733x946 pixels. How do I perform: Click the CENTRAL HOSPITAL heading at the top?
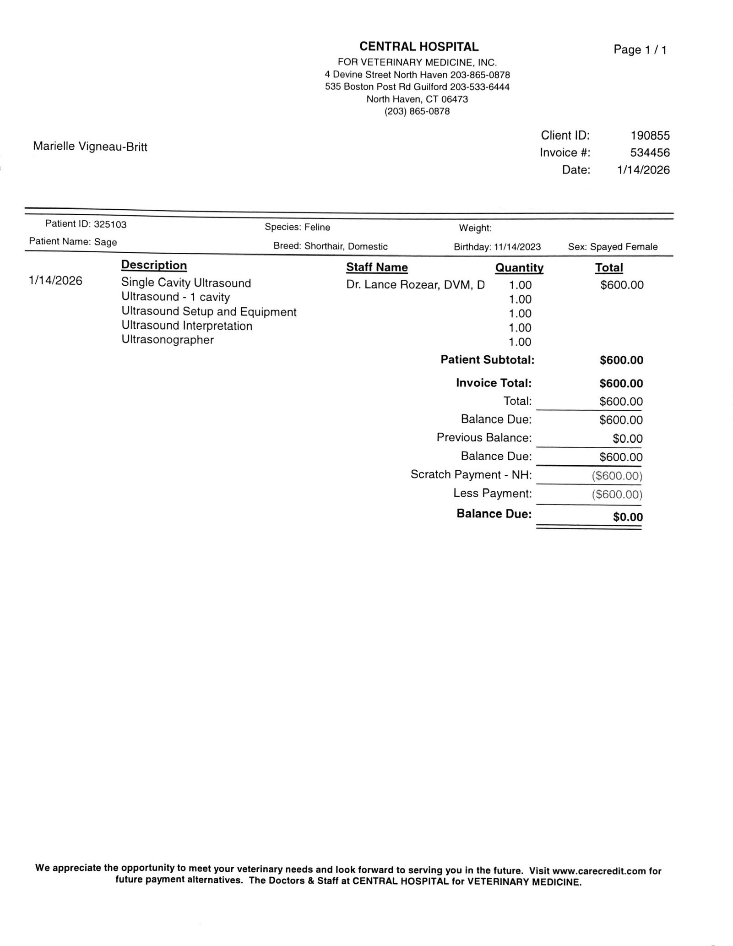click(x=418, y=47)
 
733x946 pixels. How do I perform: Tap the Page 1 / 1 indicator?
click(x=640, y=50)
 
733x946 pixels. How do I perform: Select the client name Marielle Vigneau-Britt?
click(x=90, y=147)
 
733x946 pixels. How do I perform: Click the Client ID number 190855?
click(x=650, y=136)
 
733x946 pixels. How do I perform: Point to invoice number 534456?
click(x=650, y=152)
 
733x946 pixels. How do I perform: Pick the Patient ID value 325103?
click(x=110, y=224)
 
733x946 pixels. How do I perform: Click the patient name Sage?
click(x=106, y=242)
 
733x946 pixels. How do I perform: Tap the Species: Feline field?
click(x=297, y=227)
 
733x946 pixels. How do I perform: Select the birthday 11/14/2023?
click(x=517, y=247)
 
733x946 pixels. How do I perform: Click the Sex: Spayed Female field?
click(x=613, y=247)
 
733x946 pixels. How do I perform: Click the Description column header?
click(x=154, y=266)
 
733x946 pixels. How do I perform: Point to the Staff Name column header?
click(x=377, y=267)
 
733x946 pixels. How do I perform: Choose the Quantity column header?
click(x=519, y=268)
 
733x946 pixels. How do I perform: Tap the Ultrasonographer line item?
click(x=168, y=340)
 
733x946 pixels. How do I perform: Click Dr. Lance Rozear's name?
click(x=415, y=285)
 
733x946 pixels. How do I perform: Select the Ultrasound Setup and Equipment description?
click(x=209, y=312)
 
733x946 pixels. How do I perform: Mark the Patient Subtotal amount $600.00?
click(x=621, y=360)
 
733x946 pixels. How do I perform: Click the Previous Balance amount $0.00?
click(x=628, y=439)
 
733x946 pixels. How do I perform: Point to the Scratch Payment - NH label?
click(x=471, y=475)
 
